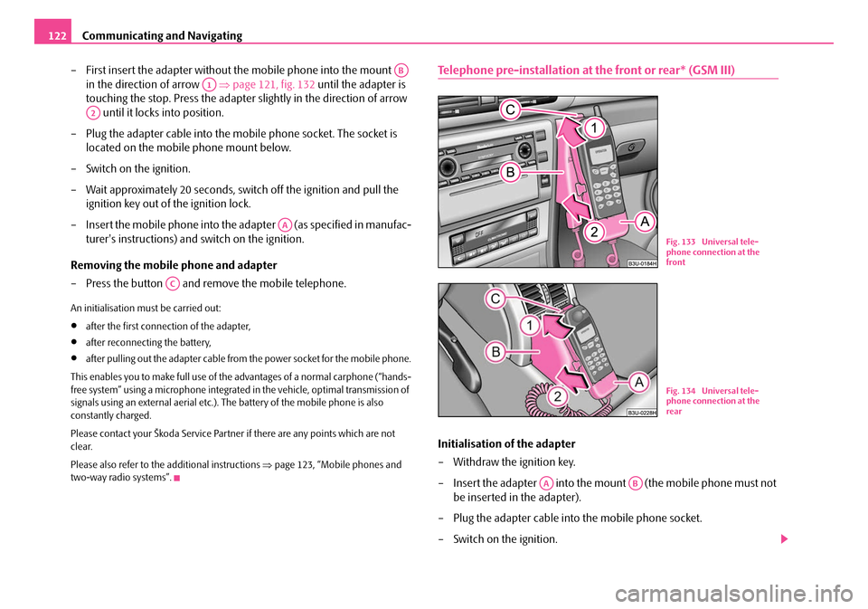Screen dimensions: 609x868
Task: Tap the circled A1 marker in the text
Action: (209, 84)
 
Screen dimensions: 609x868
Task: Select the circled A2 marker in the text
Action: (92, 112)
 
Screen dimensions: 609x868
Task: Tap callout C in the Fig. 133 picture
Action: (510, 110)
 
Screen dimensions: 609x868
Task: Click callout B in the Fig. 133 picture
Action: (510, 171)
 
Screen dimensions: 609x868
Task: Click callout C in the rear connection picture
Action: (496, 298)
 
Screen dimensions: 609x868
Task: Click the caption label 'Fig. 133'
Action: (675, 242)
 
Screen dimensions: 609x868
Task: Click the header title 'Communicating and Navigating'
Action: (162, 35)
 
